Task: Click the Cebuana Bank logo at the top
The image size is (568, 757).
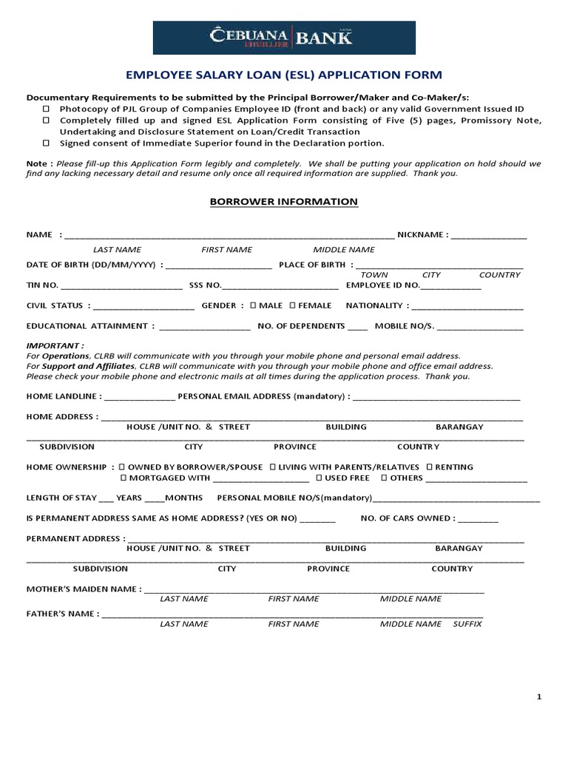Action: click(x=284, y=38)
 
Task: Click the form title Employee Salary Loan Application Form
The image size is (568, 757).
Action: click(x=284, y=75)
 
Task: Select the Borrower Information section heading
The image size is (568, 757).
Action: click(x=284, y=202)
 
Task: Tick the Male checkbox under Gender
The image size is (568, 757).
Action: click(x=254, y=305)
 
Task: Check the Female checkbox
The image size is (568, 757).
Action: click(x=293, y=305)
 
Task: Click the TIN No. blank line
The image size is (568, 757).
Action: click(x=121, y=286)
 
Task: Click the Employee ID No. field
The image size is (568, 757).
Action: click(x=451, y=286)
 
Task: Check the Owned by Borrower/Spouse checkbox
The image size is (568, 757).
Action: click(x=122, y=467)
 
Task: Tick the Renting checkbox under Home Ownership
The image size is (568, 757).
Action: click(x=429, y=467)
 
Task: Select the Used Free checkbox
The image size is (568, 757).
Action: click(x=319, y=478)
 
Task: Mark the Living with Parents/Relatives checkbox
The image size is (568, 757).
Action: click(x=273, y=467)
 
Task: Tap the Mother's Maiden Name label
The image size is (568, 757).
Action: click(x=84, y=589)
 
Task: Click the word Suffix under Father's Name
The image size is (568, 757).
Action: click(x=467, y=624)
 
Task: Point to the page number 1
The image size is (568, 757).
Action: click(x=539, y=697)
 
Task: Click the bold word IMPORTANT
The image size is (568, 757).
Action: click(x=55, y=345)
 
